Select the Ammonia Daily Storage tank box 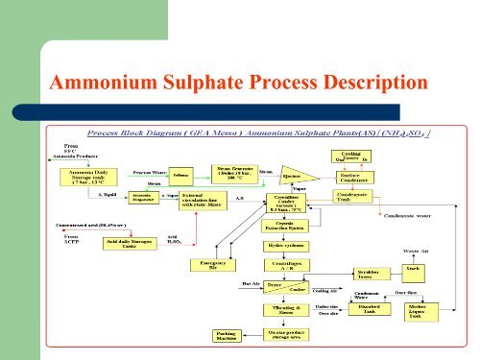[x=89, y=178]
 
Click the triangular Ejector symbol [x=296, y=177]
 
